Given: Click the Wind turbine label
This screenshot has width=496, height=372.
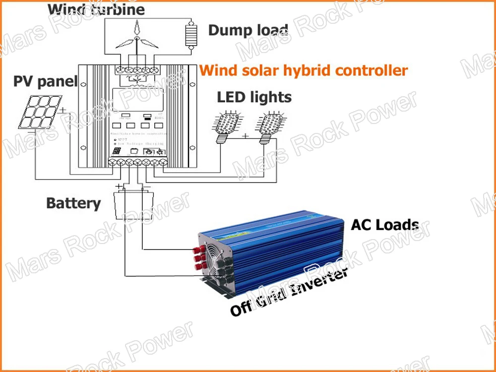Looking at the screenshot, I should (96, 8).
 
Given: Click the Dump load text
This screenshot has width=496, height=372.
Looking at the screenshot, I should (248, 30).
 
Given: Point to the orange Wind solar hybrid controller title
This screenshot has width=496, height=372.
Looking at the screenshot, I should (304, 70).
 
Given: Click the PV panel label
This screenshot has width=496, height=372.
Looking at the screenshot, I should (45, 81).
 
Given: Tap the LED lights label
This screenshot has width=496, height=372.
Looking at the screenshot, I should (254, 97).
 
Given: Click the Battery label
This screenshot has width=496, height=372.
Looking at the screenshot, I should (73, 203).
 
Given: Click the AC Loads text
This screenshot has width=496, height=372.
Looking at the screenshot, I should (384, 225).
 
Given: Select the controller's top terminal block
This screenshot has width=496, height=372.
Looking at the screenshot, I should (137, 69).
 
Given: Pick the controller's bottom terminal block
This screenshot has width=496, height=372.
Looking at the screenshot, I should (137, 162).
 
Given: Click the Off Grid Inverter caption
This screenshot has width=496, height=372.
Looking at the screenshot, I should (288, 293).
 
